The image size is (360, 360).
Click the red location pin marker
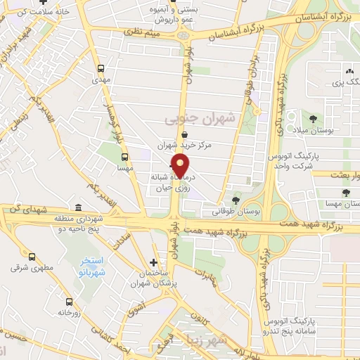181,166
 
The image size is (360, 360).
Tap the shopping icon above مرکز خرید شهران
184,134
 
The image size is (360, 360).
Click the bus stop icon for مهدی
101,69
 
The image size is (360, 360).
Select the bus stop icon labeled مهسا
124,157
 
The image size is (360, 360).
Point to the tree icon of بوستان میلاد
313,118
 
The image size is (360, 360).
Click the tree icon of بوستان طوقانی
236,200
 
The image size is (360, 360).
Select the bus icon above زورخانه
68,301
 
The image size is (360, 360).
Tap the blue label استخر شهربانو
105,266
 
